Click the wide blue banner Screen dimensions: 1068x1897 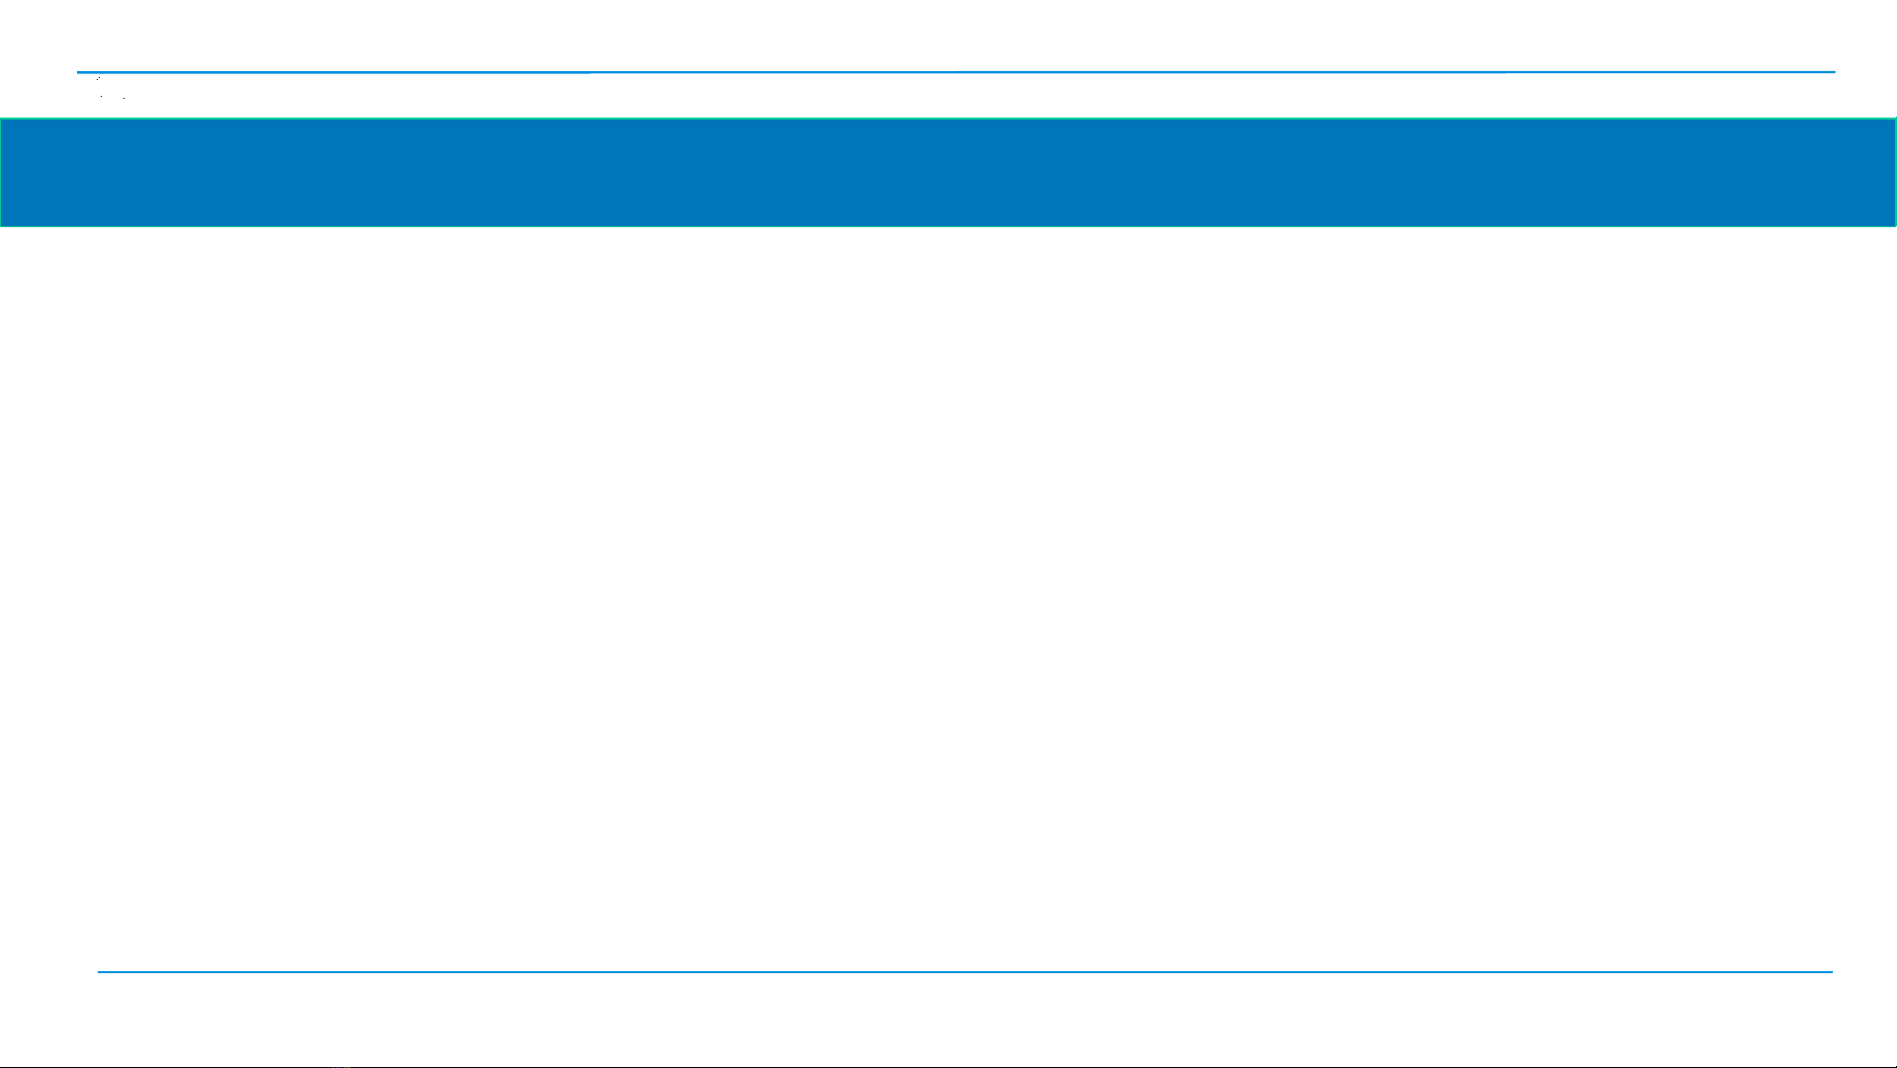(948, 172)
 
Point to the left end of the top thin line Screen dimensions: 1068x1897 (79, 72)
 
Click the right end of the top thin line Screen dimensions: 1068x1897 (1833, 72)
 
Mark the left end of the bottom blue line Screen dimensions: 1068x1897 (99, 972)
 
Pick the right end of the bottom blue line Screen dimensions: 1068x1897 (1831, 972)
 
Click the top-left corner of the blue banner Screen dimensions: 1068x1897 (2, 120)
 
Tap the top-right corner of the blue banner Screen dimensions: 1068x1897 (1894, 120)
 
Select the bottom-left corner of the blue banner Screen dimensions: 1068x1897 (2, 225)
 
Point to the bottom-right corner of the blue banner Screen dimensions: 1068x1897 (1894, 225)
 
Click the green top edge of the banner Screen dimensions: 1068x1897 (948, 119)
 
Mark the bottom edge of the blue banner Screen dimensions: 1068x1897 (948, 225)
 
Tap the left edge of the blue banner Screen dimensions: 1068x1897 (1, 172)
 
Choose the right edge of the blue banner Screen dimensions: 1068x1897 (1895, 172)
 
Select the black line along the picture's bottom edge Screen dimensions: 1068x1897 (948, 1066)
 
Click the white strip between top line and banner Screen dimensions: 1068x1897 (948, 96)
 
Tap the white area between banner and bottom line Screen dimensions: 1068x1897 (948, 593)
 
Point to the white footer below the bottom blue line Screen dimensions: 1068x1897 (948, 1018)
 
